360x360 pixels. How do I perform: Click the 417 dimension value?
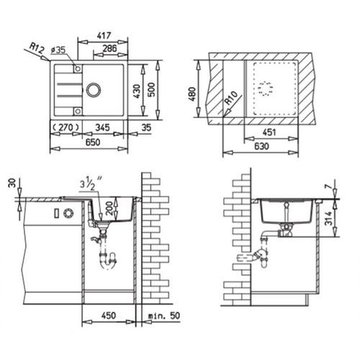pyautogui.click(x=104, y=36)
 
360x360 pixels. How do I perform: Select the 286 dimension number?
pyautogui.click(x=109, y=48)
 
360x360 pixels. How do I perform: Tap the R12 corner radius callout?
pyautogui.click(x=37, y=48)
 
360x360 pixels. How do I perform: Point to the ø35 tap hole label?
pyautogui.click(x=58, y=50)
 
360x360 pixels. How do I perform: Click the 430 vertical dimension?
pyautogui.click(x=137, y=91)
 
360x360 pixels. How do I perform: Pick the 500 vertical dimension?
pyautogui.click(x=151, y=89)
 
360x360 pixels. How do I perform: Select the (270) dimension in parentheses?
pyautogui.click(x=66, y=127)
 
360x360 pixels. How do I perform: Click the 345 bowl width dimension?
pyautogui.click(x=102, y=127)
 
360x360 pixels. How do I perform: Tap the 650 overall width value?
pyautogui.click(x=93, y=142)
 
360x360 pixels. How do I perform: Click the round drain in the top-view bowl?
pyautogui.click(x=94, y=89)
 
